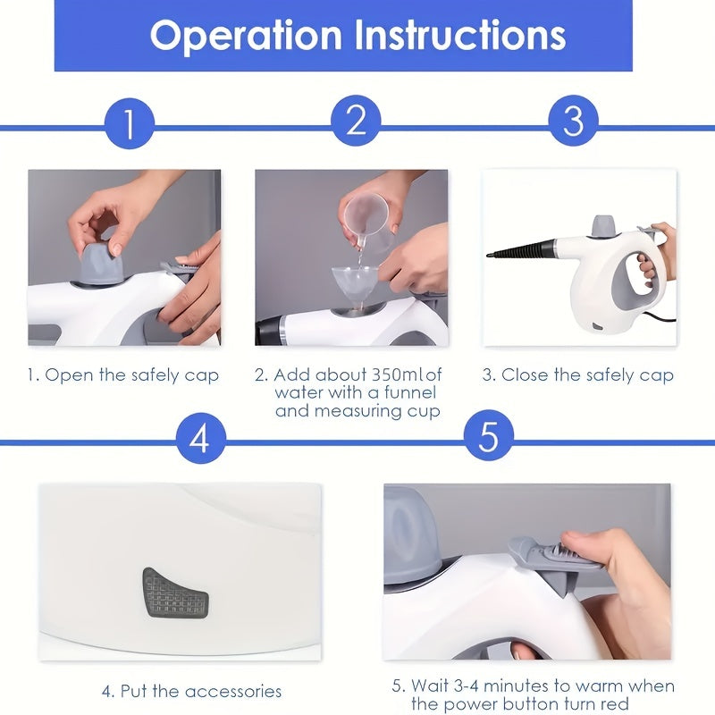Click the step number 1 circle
tap(130, 124)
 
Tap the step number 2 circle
tap(356, 121)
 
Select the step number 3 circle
tap(573, 121)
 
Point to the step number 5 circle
tap(488, 437)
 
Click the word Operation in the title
tap(246, 36)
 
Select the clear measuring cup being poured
tap(368, 219)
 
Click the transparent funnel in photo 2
tap(355, 282)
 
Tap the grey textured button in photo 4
tap(175, 592)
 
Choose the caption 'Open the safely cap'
tap(122, 374)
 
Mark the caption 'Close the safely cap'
tap(578, 374)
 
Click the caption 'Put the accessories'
tap(191, 691)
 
